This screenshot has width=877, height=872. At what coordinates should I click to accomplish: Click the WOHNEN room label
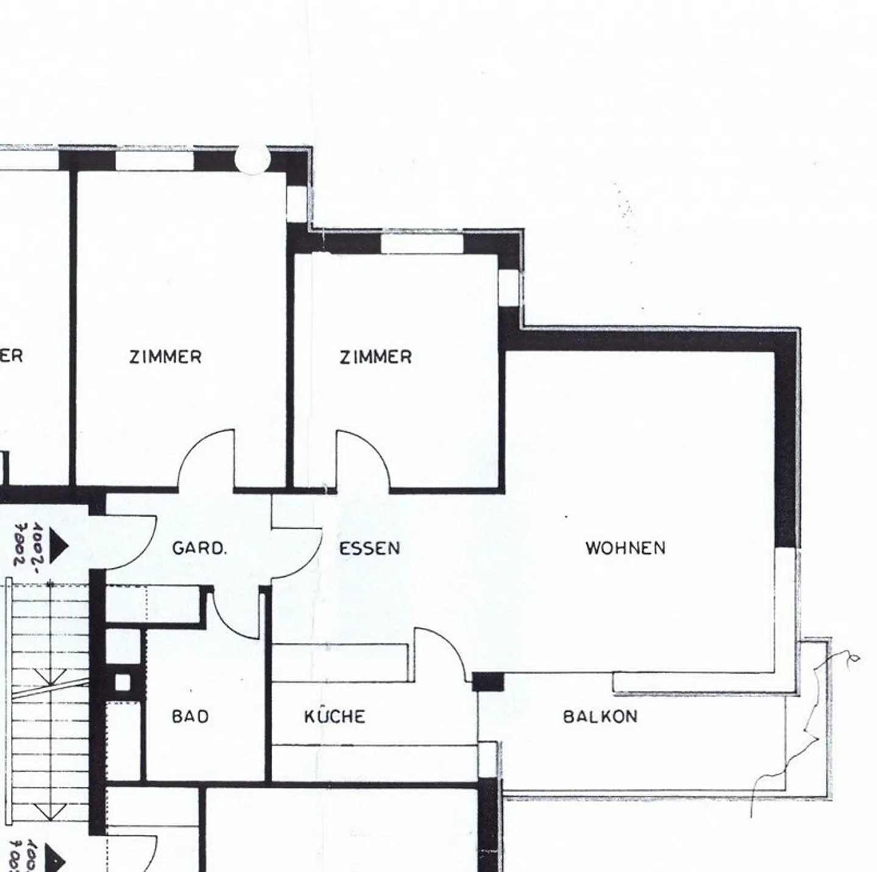coord(625,548)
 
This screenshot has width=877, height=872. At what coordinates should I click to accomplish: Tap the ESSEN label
coord(370,548)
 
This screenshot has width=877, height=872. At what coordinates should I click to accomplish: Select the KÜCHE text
coord(335,716)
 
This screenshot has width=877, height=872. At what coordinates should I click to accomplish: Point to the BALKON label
coord(600,716)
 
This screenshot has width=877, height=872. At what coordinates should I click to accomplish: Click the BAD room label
coord(190,716)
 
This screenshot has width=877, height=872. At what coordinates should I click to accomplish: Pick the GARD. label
coord(199,548)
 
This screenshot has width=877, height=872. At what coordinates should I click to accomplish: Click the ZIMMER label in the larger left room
coord(165,356)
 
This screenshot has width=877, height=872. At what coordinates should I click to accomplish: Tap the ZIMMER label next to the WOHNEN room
coord(375,356)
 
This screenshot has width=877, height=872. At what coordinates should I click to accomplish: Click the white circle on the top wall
coord(252,159)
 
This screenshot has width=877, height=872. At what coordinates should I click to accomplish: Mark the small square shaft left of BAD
coord(122,682)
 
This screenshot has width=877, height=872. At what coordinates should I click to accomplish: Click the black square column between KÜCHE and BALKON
coord(488,682)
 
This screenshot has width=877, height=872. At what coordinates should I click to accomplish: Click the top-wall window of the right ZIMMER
coord(421,243)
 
